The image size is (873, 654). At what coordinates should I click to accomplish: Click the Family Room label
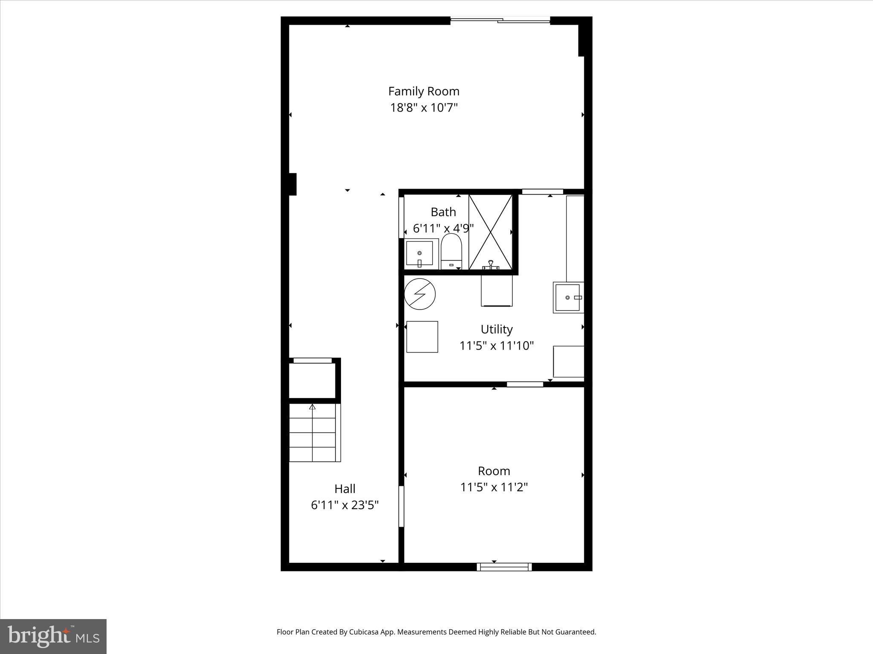click(x=423, y=91)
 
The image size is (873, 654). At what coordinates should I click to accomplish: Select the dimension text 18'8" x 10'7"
click(x=423, y=108)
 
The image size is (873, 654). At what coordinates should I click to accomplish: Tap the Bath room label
click(x=443, y=212)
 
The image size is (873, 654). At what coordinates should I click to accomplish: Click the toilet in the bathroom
click(x=451, y=251)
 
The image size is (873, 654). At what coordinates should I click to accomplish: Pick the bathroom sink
click(x=419, y=254)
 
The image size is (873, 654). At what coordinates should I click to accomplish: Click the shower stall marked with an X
click(x=490, y=232)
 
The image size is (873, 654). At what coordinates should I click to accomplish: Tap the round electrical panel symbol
click(x=420, y=294)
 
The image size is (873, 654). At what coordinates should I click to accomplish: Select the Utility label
click(x=496, y=329)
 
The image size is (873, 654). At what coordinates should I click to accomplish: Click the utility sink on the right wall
click(x=568, y=297)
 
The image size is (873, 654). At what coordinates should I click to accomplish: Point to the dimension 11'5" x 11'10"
click(x=496, y=346)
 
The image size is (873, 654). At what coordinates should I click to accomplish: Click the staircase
click(x=315, y=433)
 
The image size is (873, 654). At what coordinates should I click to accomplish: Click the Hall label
click(x=344, y=488)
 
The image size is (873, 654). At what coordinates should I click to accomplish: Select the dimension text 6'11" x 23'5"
click(x=344, y=505)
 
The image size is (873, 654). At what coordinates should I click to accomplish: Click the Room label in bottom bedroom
click(x=494, y=471)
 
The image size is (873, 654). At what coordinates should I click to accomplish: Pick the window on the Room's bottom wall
click(x=504, y=567)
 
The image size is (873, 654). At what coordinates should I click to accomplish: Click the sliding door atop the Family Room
click(x=500, y=20)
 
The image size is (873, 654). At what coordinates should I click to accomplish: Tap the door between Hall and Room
click(x=401, y=506)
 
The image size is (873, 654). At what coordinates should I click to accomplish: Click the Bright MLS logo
click(x=53, y=637)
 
